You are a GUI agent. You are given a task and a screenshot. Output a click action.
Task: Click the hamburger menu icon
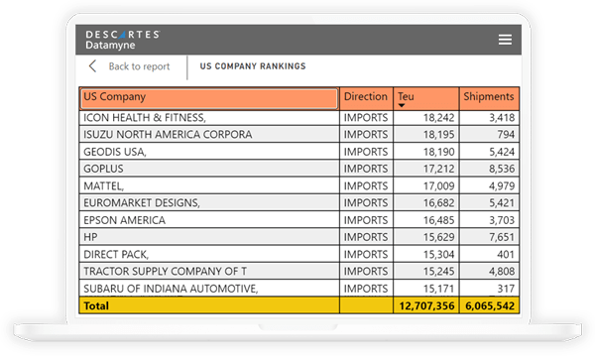[505, 40]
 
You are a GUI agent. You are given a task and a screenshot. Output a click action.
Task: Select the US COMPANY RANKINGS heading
[252, 66]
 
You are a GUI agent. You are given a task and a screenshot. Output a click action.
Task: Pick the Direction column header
[365, 97]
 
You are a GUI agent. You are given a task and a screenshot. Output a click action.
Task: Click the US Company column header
[208, 97]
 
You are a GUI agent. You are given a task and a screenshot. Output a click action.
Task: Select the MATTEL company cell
[104, 185]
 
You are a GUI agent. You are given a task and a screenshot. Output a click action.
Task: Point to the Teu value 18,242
[437, 118]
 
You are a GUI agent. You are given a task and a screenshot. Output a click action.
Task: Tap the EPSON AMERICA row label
[125, 220]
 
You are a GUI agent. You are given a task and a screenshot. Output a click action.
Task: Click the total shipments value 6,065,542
[489, 306]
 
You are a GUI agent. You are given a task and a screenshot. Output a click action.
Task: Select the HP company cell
[92, 237]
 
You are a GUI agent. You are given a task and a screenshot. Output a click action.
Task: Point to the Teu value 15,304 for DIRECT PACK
[437, 254]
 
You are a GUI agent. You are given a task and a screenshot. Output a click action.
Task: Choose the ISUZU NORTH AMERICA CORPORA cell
[153, 135]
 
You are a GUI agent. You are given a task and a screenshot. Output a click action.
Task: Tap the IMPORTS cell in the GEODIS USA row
[365, 152]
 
